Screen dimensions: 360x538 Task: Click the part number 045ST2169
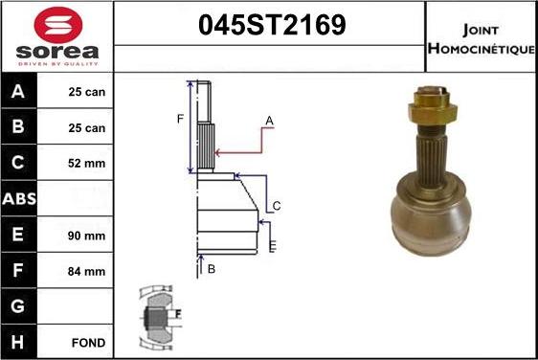click(x=270, y=26)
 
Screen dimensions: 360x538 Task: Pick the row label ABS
click(x=19, y=199)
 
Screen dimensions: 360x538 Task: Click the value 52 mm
click(x=87, y=164)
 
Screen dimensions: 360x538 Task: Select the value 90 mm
click(x=87, y=236)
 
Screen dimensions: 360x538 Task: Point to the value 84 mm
click(x=87, y=271)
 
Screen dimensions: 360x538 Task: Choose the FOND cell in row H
click(x=87, y=342)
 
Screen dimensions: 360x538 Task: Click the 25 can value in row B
click(x=87, y=128)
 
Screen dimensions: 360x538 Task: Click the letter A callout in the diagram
click(x=270, y=121)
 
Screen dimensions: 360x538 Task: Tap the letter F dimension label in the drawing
click(x=179, y=119)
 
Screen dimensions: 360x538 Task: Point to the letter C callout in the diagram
click(x=276, y=206)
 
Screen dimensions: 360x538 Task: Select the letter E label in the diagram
click(x=272, y=248)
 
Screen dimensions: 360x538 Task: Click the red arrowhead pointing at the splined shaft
click(x=220, y=151)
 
